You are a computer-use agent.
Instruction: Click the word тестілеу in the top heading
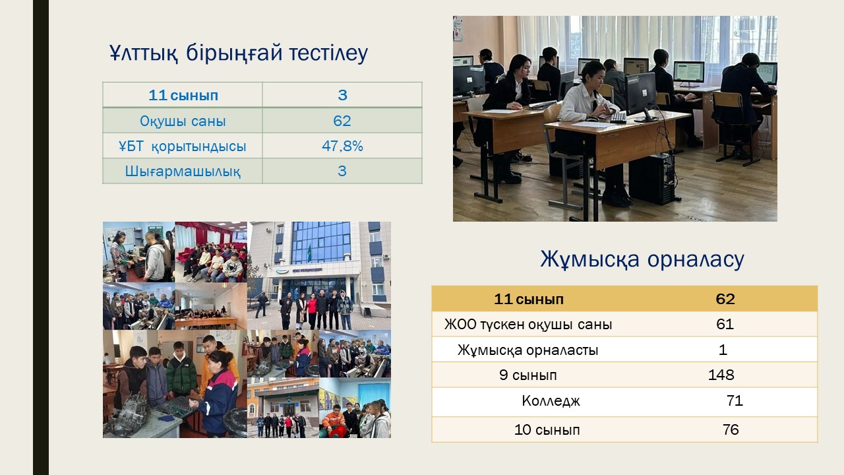coord(328,53)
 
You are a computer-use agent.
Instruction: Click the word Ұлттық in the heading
coord(143,53)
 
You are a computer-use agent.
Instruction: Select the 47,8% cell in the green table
coord(342,146)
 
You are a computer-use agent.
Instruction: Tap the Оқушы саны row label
coord(183,121)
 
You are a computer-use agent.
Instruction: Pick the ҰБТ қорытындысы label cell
coord(183,146)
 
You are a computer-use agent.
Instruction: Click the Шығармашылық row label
coord(183,171)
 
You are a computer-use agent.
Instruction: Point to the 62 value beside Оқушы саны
coord(342,121)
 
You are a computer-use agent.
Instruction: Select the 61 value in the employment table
coord(725,324)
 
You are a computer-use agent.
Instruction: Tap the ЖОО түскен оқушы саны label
coord(528,325)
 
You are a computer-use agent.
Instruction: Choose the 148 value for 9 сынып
coord(721,375)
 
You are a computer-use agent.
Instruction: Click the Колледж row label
coord(551,400)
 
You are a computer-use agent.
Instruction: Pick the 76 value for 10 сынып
coord(731,429)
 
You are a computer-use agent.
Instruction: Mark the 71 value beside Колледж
coord(735,400)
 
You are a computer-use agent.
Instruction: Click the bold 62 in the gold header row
coord(725,299)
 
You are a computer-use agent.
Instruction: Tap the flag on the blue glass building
coord(309,253)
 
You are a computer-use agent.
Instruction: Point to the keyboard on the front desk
coord(618,117)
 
